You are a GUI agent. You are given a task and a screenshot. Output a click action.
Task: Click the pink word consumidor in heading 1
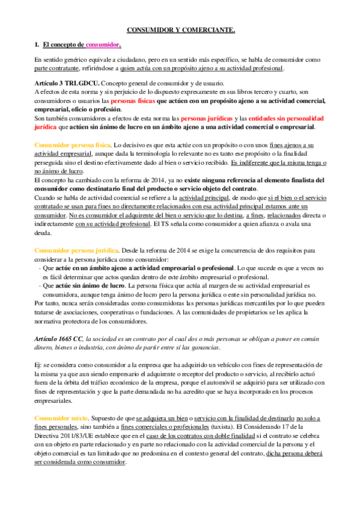(x=103, y=45)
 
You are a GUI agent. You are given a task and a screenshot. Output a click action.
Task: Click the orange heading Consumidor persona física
(x=72, y=146)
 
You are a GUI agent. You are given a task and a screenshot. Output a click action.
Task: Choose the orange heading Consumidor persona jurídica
(x=74, y=249)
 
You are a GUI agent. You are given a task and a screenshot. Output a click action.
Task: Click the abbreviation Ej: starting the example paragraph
(x=38, y=365)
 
